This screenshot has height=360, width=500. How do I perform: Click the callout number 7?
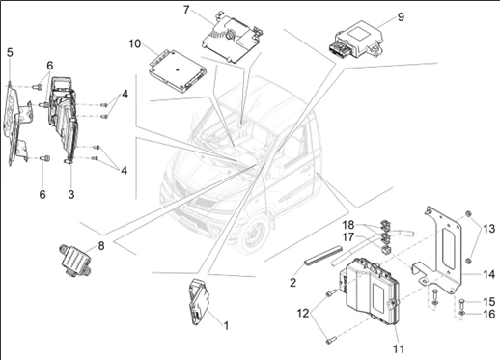click(x=186, y=10)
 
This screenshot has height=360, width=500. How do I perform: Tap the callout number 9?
click(x=401, y=16)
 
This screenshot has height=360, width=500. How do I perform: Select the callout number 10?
click(x=135, y=43)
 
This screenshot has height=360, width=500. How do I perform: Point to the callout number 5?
click(x=10, y=52)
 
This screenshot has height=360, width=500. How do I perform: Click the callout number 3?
click(x=71, y=194)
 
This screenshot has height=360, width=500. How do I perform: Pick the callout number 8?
click(x=101, y=246)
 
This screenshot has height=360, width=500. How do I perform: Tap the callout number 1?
click(x=226, y=325)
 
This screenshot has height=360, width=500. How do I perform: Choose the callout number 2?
click(x=292, y=283)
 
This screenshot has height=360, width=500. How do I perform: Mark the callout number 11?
click(x=399, y=348)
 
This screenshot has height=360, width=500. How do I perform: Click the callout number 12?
click(x=303, y=313)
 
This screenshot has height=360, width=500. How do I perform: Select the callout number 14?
click(x=488, y=274)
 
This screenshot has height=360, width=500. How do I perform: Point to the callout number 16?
click(x=489, y=314)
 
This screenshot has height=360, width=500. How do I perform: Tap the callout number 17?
click(x=348, y=237)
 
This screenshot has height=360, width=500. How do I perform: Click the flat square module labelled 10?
click(x=178, y=70)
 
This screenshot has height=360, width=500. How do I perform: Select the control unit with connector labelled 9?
click(x=356, y=41)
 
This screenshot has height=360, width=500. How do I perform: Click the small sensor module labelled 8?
click(x=74, y=261)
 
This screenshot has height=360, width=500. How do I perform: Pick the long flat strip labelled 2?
click(x=322, y=256)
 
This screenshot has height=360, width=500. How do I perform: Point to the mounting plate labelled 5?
click(x=16, y=124)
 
